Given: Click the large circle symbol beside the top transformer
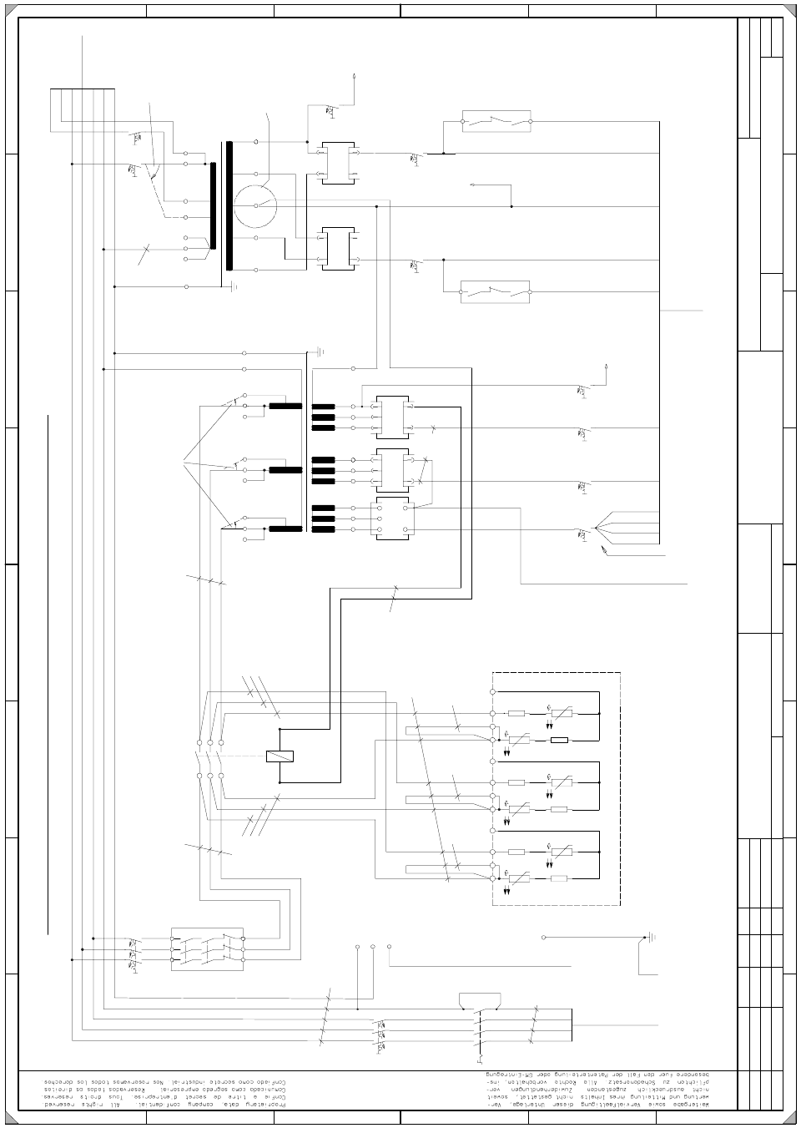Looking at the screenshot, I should (x=254, y=205).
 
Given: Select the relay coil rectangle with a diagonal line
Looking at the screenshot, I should (x=280, y=756).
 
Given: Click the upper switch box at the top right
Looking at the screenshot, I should (x=496, y=122).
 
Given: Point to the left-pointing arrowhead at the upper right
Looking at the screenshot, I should (x=473, y=185).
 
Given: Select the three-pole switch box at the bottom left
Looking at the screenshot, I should (x=207, y=948).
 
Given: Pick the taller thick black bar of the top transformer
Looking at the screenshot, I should (x=229, y=205).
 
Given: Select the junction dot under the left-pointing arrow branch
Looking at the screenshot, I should (x=511, y=205).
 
